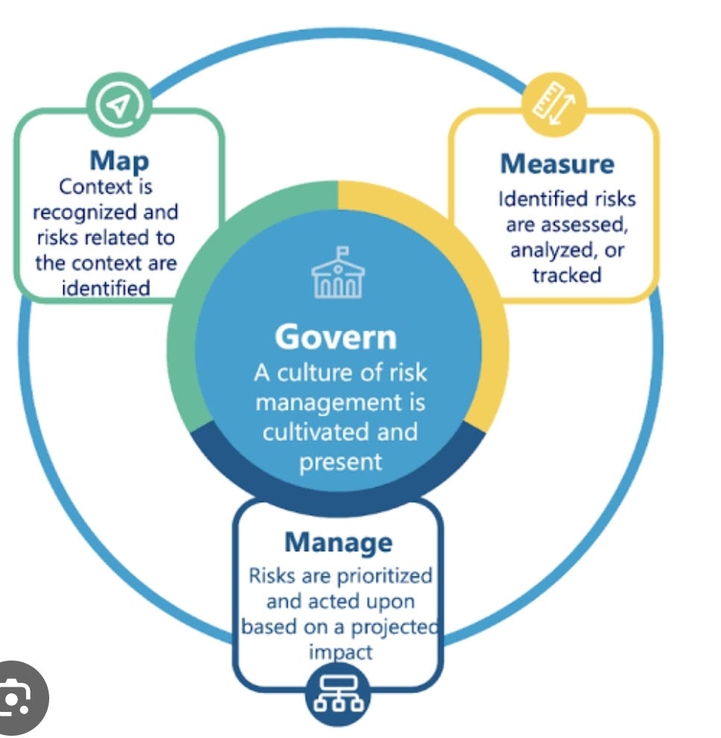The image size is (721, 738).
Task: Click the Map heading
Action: point(119,162)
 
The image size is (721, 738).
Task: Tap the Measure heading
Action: point(557,164)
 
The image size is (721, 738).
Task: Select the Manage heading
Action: point(339,543)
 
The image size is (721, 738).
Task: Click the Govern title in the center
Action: point(336,337)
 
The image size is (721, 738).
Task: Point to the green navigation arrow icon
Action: point(119,104)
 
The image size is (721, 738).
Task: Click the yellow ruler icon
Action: point(554,104)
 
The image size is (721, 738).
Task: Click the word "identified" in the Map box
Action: point(106,288)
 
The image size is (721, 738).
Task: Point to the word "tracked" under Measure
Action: point(567,275)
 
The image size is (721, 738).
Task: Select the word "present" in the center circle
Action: point(340,462)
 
